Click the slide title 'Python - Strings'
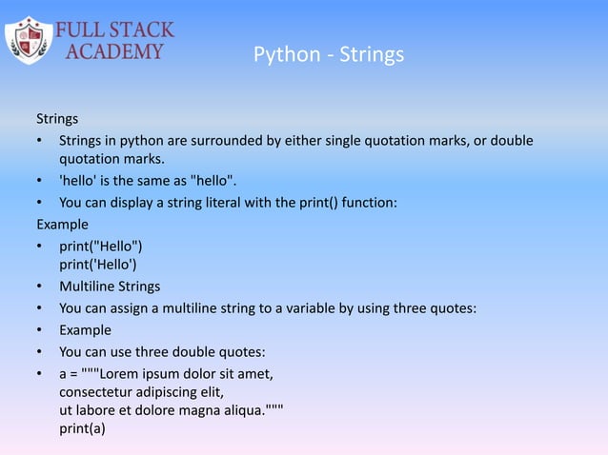pyautogui.click(x=329, y=56)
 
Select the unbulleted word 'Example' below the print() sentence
pyautogui.click(x=62, y=225)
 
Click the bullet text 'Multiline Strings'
pyautogui.click(x=110, y=287)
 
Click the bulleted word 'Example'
pyautogui.click(x=85, y=330)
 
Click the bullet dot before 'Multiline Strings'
pyautogui.click(x=40, y=287)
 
